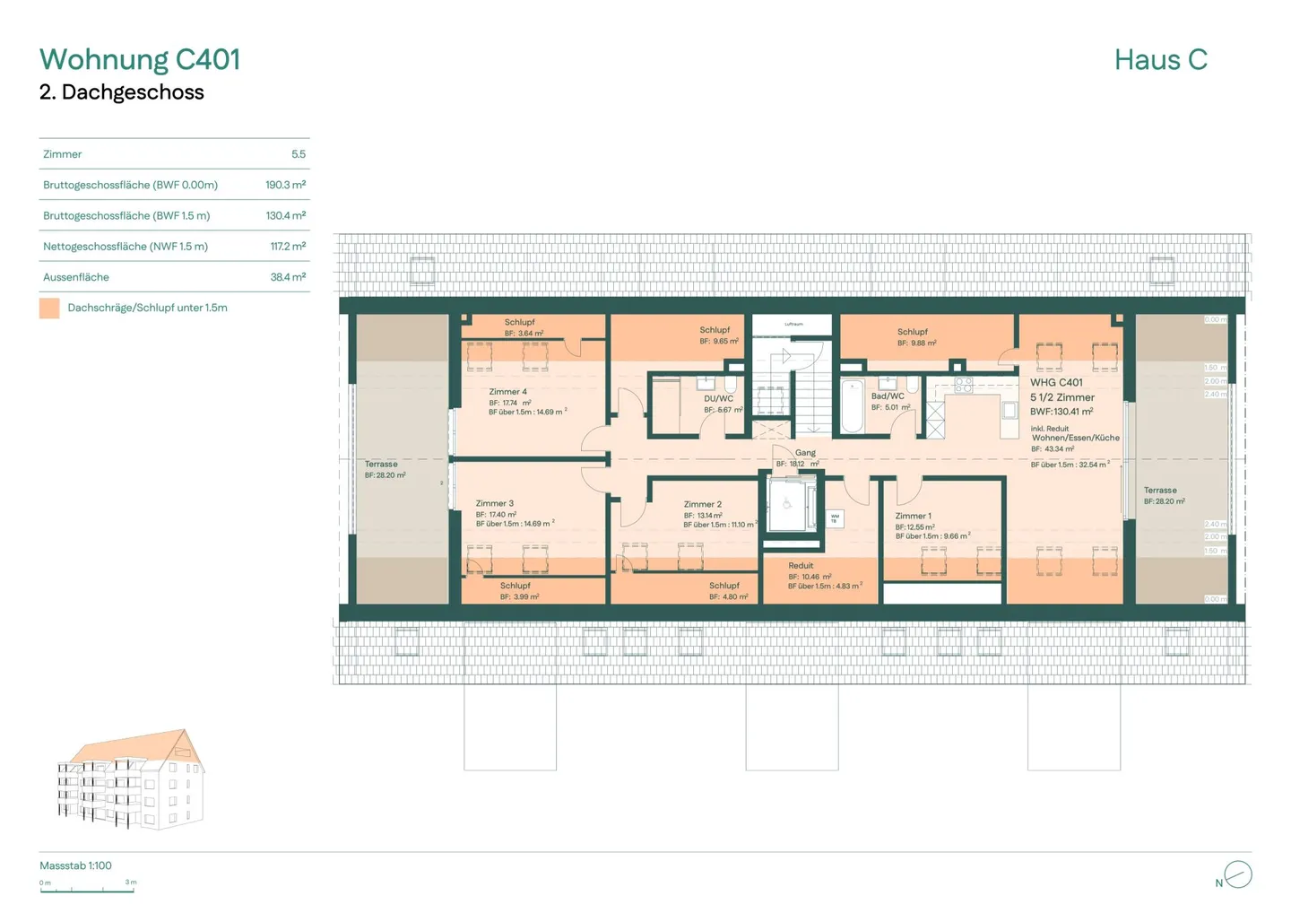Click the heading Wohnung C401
click(x=140, y=59)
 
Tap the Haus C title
click(x=1160, y=60)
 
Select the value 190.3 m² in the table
click(x=285, y=185)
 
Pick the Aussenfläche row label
click(x=76, y=277)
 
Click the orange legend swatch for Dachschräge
click(x=49, y=308)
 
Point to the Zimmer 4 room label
click(x=508, y=392)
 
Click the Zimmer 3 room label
click(x=495, y=503)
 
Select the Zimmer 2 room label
click(x=702, y=504)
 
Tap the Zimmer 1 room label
click(x=913, y=516)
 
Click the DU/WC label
click(x=718, y=398)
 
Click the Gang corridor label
click(x=805, y=453)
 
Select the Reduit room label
click(x=801, y=566)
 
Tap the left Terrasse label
click(x=381, y=465)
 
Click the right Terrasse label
click(x=1160, y=491)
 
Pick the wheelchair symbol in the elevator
click(x=787, y=504)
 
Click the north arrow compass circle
click(x=1238, y=874)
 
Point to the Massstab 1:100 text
click(x=75, y=865)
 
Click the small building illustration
click(x=131, y=778)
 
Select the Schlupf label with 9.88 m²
click(x=913, y=332)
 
